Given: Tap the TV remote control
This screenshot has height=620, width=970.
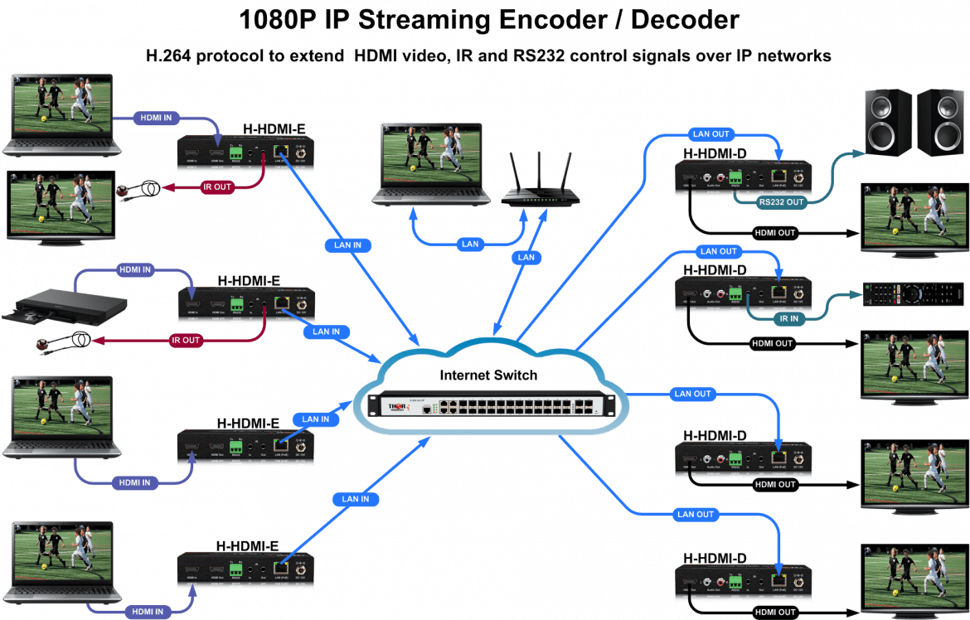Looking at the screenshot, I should tap(912, 294).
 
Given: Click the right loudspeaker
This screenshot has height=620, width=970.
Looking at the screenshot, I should tap(940, 122).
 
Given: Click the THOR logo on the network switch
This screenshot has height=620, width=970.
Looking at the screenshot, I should tap(398, 406).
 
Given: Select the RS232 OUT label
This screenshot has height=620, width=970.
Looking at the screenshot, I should tap(781, 201).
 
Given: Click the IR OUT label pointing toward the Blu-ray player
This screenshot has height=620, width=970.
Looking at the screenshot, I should tap(186, 340).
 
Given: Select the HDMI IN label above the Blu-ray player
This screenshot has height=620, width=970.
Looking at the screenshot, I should tap(134, 270).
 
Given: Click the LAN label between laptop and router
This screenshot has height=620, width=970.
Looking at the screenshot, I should tap(470, 245).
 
